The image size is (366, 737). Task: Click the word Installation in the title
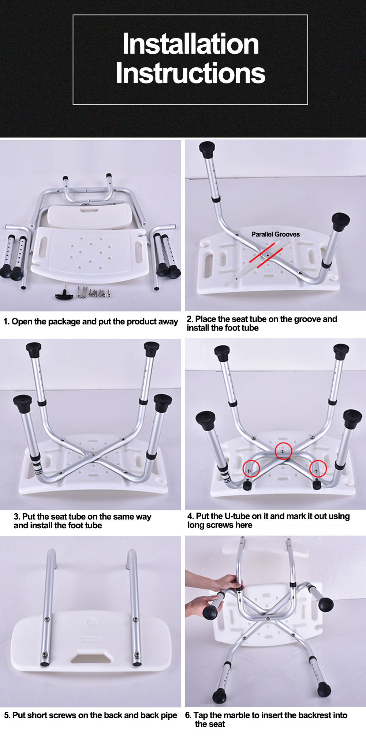tap(190, 44)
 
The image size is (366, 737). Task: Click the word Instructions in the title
tap(190, 73)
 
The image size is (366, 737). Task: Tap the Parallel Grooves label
tap(275, 234)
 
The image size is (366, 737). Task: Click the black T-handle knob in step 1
tap(64, 293)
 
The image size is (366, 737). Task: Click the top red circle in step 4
tap(283, 451)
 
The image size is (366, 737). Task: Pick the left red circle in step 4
tap(251, 468)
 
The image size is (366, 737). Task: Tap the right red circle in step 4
tap(318, 468)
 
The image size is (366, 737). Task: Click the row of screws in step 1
tap(94, 292)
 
